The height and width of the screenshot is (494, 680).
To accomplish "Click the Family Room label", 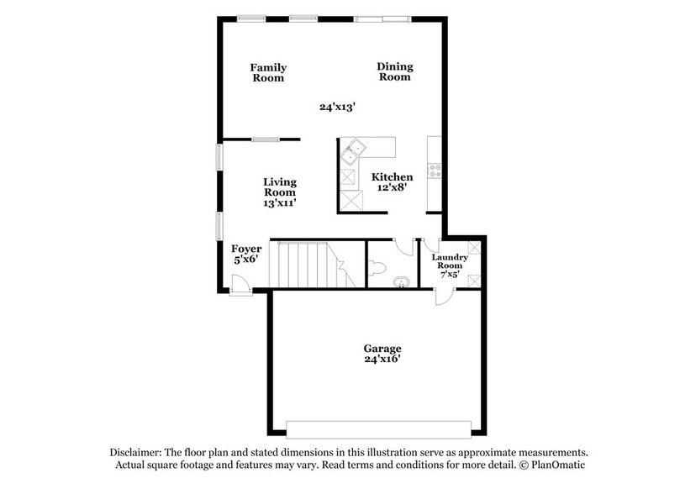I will tap(269, 73).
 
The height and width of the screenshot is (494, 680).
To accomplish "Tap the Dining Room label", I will tap(394, 71).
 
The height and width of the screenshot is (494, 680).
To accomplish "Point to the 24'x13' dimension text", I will tap(338, 107).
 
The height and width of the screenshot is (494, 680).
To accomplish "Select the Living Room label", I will tap(280, 187).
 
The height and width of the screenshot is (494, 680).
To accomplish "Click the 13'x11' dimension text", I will tap(280, 202).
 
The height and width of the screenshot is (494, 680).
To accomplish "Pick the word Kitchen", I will tap(393, 177).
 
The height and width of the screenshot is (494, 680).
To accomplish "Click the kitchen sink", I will tap(353, 150).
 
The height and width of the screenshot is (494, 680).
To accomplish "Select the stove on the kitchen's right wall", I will tap(435, 171).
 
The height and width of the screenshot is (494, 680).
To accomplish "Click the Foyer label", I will tap(246, 249).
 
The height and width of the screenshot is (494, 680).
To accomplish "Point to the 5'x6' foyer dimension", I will tap(246, 260).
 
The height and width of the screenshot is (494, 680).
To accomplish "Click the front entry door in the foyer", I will tap(241, 286).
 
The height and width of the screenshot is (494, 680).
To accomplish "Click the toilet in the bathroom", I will tap(378, 270).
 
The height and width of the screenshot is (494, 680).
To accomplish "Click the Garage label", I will tap(382, 348).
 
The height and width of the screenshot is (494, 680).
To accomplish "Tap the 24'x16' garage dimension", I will tap(382, 360).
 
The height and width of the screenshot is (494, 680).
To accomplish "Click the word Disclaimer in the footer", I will tap(139, 452).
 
